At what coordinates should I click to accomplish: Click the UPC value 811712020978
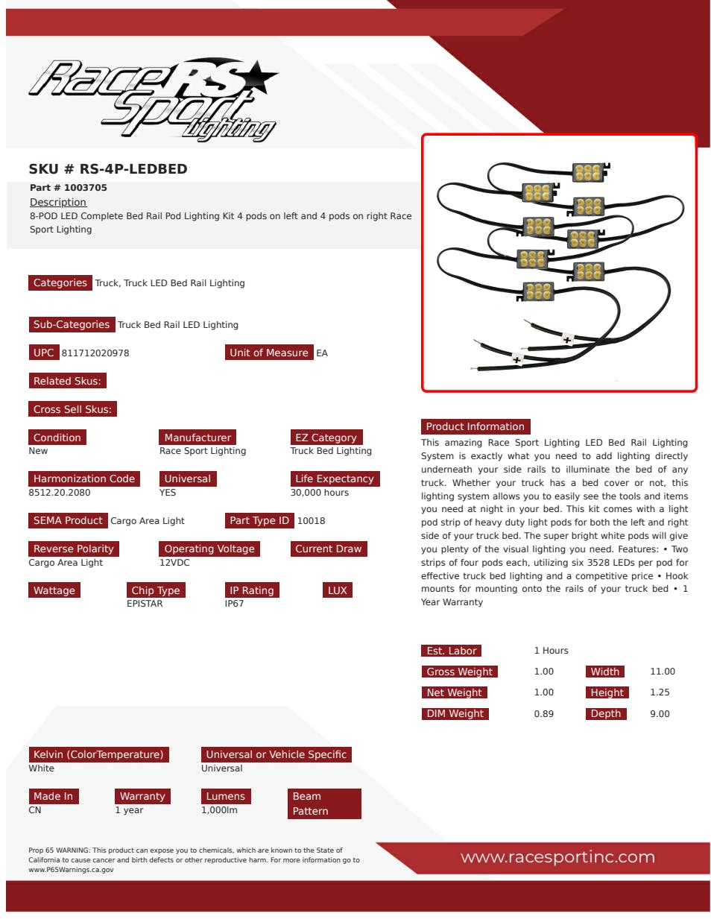95,353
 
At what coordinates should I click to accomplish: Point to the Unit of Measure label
269,353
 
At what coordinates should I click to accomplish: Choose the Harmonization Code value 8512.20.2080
59,492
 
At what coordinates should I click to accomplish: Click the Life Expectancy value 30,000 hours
319,492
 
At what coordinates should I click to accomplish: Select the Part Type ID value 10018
311,520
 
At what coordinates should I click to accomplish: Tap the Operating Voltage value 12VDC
174,563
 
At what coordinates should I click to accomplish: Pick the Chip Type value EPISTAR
145,604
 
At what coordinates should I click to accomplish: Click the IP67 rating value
234,604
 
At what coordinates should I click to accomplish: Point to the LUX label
337,590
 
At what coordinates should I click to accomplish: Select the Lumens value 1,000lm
219,810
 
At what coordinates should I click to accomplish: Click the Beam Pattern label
324,803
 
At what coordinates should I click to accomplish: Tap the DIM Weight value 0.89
543,714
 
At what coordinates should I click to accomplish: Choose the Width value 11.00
663,672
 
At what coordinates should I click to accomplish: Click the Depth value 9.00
660,714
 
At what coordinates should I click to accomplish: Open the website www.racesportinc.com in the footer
557,857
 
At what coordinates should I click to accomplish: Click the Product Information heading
475,426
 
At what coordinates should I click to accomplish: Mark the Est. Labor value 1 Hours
551,651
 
